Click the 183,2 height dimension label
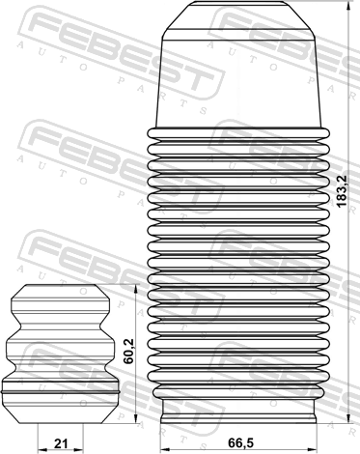342,190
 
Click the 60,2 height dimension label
128,352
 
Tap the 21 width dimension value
61,443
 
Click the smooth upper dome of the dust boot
238,79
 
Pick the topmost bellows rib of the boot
238,132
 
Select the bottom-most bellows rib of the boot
238,392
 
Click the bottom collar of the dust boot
238,411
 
